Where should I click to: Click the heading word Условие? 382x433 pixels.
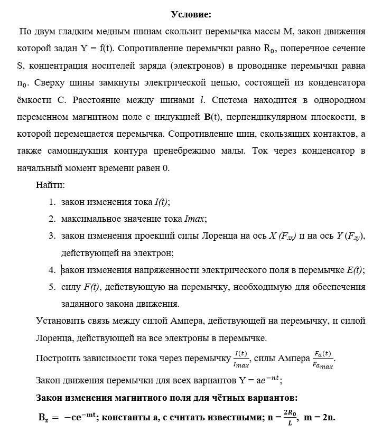click(x=191, y=14)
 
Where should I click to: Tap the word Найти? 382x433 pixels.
click(x=51, y=185)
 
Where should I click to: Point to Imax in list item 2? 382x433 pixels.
click(x=194, y=219)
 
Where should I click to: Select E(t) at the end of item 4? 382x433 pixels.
click(x=355, y=270)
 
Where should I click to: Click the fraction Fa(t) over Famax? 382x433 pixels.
click(x=323, y=359)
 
